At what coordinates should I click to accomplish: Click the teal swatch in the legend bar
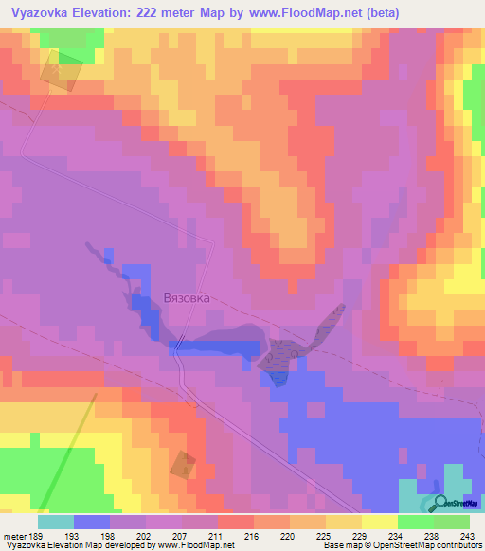click(x=56, y=522)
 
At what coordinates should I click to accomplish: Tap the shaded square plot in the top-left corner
click(x=61, y=72)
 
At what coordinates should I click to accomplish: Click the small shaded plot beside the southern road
click(x=182, y=464)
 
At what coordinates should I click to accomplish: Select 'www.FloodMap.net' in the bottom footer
click(x=195, y=546)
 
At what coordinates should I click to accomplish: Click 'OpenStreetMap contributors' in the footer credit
click(x=423, y=546)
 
